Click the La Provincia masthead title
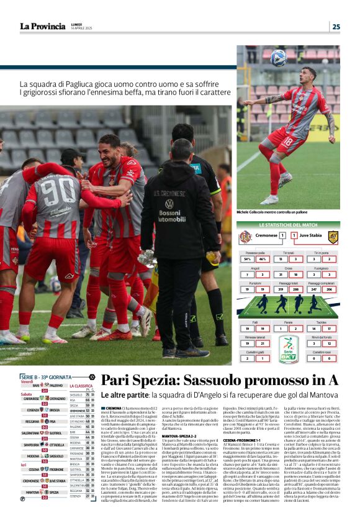click(x=42, y=26)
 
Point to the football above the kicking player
click(x=278, y=58)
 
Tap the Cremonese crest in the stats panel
click(x=245, y=236)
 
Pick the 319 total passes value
click(x=280, y=289)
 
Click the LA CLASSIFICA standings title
click(x=81, y=386)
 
